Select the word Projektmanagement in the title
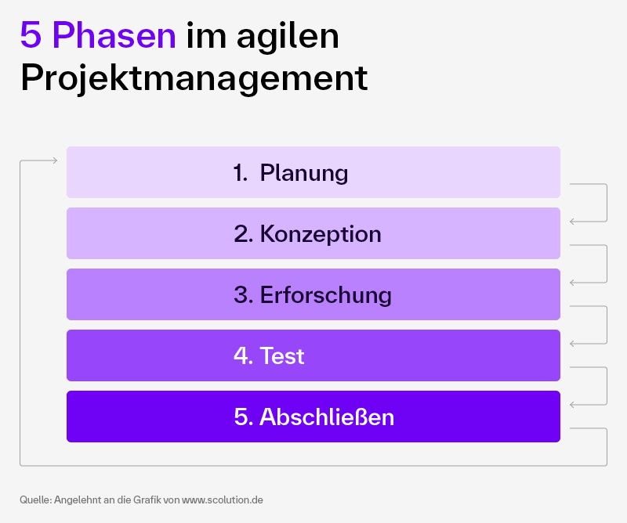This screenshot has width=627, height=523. click(194, 78)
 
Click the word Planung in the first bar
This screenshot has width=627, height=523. click(304, 172)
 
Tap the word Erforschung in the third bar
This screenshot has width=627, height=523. click(325, 294)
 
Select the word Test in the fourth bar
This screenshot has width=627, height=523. click(281, 356)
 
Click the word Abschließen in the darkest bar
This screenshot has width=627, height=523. click(326, 417)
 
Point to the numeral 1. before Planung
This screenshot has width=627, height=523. click(240, 172)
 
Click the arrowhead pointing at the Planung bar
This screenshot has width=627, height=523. click(54, 161)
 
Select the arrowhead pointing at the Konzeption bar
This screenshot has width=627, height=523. click(573, 222)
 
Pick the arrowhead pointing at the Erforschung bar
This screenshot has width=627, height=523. click(573, 283)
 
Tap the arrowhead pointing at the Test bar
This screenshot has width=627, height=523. click(573, 344)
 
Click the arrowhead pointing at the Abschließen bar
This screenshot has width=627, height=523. click(573, 405)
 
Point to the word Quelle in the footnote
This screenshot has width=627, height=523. click(35, 499)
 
